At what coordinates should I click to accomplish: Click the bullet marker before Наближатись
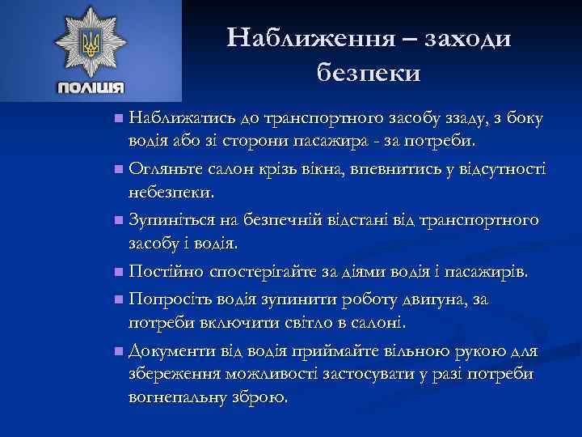(x=119, y=119)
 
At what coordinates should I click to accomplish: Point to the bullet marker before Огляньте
(x=119, y=170)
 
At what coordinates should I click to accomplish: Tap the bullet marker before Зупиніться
(x=119, y=220)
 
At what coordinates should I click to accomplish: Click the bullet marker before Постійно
(x=119, y=271)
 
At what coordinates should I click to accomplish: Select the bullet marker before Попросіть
(x=119, y=299)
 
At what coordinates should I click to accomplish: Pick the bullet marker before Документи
(x=119, y=350)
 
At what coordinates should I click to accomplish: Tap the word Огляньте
(x=167, y=169)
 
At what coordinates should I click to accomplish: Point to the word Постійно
(x=166, y=270)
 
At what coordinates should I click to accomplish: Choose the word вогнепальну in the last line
(x=179, y=398)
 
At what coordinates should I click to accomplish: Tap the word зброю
(x=260, y=398)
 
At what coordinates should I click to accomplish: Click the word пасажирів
(x=490, y=270)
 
